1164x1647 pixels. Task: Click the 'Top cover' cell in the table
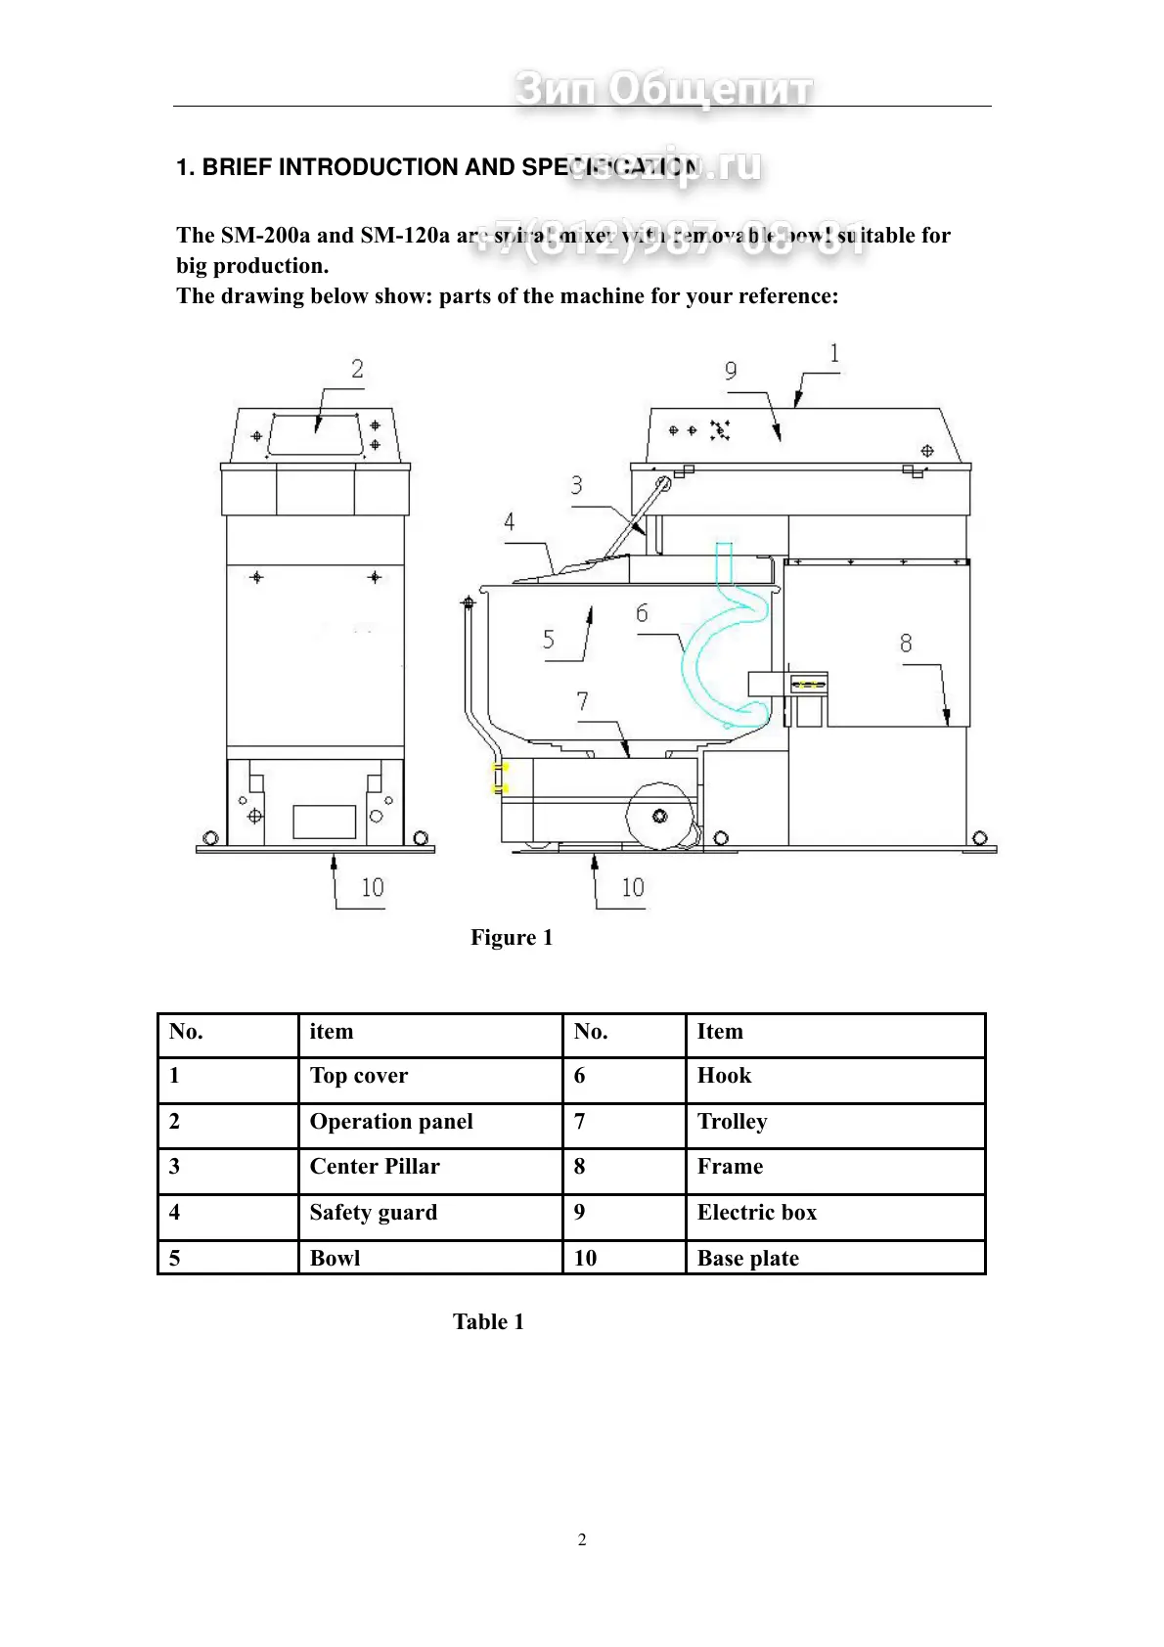pyautogui.click(x=358, y=1076)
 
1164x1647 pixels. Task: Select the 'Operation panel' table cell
pyautogui.click(x=391, y=1122)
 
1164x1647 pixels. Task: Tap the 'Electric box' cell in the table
pyautogui.click(x=756, y=1213)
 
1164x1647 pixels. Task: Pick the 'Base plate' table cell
pyautogui.click(x=747, y=1259)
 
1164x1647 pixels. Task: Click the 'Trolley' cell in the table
pyautogui.click(x=732, y=1122)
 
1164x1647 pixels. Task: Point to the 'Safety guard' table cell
pyautogui.click(x=373, y=1213)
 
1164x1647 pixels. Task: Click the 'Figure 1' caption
pyautogui.click(x=512, y=938)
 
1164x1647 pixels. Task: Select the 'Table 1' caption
pyautogui.click(x=488, y=1322)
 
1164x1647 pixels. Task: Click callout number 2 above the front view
pyautogui.click(x=357, y=369)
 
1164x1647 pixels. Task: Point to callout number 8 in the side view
pyautogui.click(x=906, y=643)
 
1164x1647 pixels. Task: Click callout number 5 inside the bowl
pyautogui.click(x=548, y=640)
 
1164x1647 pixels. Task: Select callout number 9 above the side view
pyautogui.click(x=731, y=371)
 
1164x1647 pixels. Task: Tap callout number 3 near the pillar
pyautogui.click(x=576, y=485)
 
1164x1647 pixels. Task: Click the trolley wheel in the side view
pyautogui.click(x=659, y=815)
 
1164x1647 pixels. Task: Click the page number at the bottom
pyautogui.click(x=582, y=1539)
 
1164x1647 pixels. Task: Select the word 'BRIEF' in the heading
pyautogui.click(x=237, y=167)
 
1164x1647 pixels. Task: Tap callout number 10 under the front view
pyautogui.click(x=373, y=888)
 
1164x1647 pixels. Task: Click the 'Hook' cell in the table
pyautogui.click(x=724, y=1076)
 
